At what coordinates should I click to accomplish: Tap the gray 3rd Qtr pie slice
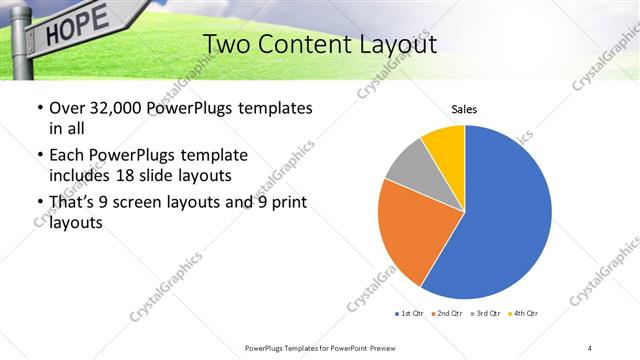(x=409, y=170)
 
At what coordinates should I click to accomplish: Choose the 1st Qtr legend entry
(x=409, y=314)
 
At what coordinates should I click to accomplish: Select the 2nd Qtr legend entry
(x=446, y=314)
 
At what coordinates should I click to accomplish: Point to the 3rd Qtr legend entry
(x=484, y=314)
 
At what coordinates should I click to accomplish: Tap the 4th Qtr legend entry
(x=523, y=314)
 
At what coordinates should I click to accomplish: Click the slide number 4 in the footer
(x=590, y=347)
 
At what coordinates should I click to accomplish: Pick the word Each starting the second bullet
(x=67, y=156)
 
